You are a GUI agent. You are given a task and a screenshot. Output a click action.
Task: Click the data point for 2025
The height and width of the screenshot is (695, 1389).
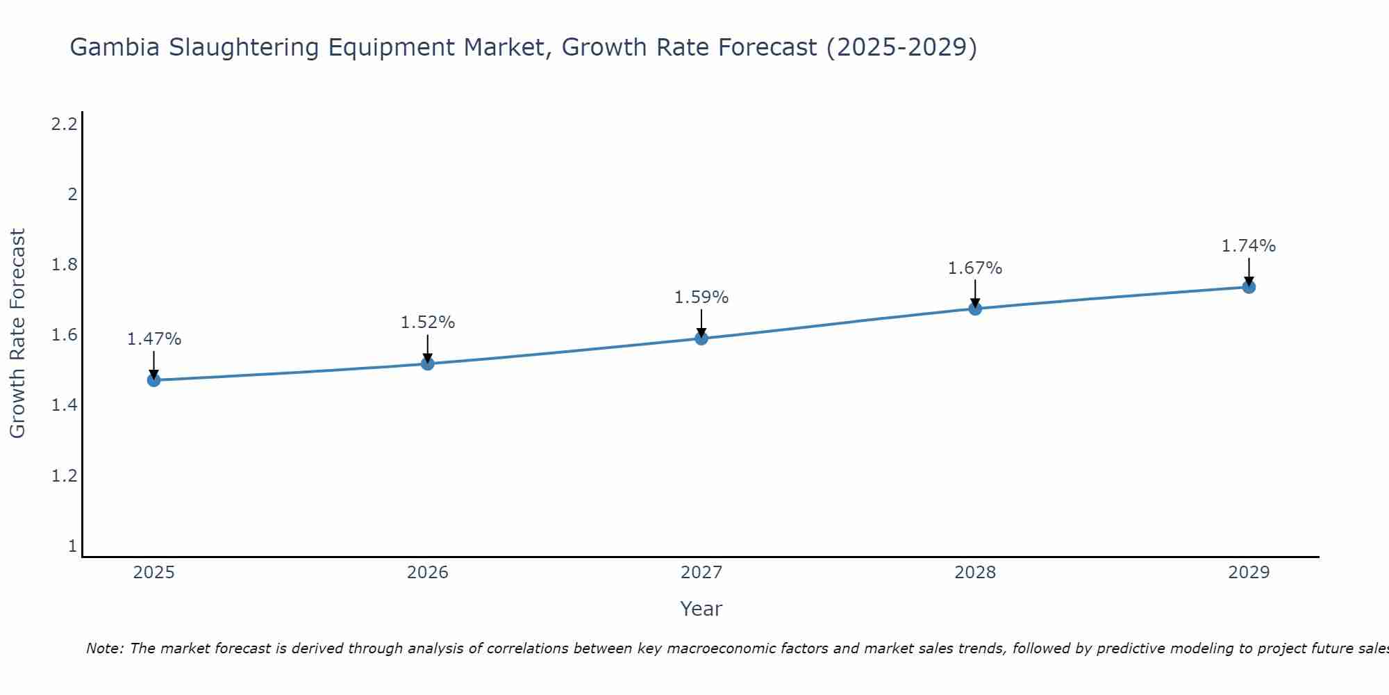(x=154, y=380)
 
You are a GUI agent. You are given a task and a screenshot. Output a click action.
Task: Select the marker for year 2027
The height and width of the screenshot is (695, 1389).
(x=701, y=338)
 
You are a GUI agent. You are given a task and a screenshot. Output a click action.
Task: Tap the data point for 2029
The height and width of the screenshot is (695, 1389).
(x=1249, y=287)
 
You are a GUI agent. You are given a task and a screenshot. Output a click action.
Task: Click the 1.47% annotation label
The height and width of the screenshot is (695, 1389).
(x=154, y=339)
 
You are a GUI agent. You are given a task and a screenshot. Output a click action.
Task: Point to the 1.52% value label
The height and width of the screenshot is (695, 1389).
(x=428, y=322)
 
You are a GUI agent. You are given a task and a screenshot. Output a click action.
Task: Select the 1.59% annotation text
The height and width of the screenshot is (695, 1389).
(x=701, y=297)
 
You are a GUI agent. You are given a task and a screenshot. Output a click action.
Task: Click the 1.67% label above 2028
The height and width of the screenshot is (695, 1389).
(x=975, y=268)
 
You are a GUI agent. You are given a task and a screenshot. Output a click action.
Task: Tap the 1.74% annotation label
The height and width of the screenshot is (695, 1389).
(x=1249, y=246)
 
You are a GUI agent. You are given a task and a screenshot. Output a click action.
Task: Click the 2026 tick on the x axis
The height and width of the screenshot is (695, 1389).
(x=428, y=573)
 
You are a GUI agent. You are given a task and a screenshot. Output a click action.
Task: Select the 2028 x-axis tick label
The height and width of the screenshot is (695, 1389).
(x=975, y=573)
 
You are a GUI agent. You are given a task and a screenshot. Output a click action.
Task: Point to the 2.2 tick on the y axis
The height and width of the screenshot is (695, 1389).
(x=64, y=124)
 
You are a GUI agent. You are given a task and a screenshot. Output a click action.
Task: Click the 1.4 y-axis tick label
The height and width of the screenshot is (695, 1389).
(x=64, y=405)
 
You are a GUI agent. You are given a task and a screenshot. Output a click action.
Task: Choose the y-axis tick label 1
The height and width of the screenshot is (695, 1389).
(x=72, y=546)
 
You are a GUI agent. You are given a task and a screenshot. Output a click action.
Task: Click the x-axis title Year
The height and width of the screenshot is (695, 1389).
(x=701, y=609)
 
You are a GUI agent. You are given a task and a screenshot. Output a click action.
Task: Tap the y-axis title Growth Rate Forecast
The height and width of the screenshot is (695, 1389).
(x=17, y=334)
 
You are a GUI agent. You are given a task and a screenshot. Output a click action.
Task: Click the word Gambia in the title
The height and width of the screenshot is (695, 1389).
(x=115, y=47)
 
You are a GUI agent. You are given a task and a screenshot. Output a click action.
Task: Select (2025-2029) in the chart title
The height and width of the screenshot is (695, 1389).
(x=901, y=47)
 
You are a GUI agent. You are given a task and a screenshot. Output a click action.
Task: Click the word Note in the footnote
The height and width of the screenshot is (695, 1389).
(x=104, y=648)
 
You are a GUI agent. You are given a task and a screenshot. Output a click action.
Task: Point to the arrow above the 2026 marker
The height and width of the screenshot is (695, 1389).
(x=428, y=347)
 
